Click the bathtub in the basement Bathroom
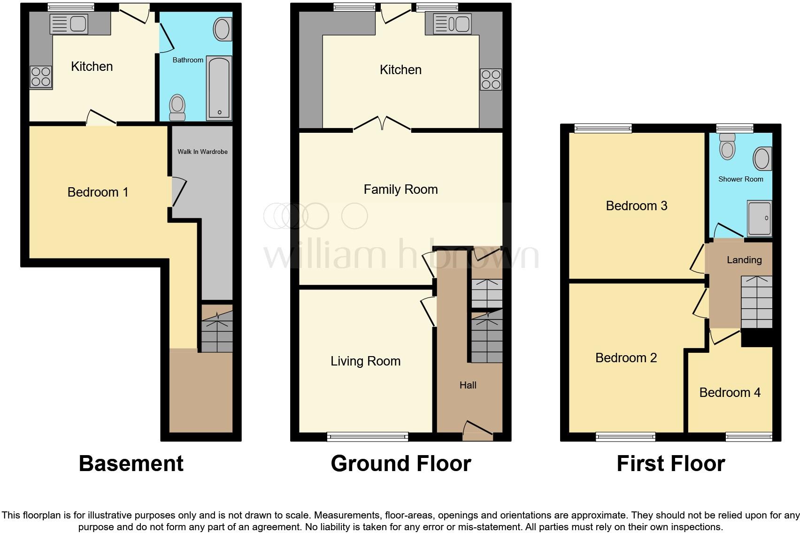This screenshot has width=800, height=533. click(219, 88)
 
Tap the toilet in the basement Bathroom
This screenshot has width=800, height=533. click(177, 107)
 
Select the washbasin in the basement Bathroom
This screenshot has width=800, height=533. click(223, 29)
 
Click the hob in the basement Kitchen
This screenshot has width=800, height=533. click(41, 77)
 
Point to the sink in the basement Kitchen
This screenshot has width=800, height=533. click(69, 24)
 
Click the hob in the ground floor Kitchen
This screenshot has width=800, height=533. click(491, 79)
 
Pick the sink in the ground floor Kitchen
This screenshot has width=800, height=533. click(453, 24)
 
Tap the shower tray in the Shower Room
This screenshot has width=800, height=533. click(760, 218)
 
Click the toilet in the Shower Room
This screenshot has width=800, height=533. click(728, 146)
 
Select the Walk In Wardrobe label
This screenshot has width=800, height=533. click(202, 152)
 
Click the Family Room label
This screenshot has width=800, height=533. click(401, 189)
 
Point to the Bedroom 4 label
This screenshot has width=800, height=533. click(730, 393)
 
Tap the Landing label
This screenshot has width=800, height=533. click(744, 260)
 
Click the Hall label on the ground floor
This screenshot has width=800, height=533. click(468, 385)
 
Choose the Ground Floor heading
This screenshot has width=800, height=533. click(401, 464)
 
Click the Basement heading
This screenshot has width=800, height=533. click(131, 464)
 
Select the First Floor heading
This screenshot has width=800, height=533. click(671, 464)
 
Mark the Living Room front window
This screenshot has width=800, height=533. click(368, 437)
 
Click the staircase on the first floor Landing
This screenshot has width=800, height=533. click(757, 302)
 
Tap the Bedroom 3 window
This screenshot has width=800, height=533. click(603, 128)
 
